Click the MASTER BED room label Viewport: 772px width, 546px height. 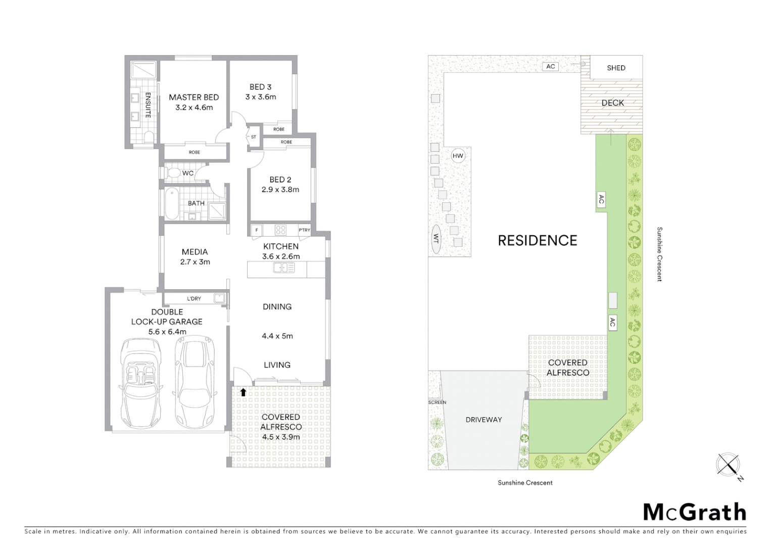pyautogui.click(x=194, y=97)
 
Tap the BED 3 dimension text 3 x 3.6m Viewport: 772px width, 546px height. pyautogui.click(x=261, y=97)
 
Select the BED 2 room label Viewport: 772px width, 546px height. pyautogui.click(x=280, y=179)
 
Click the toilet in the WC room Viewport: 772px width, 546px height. pyautogui.click(x=174, y=173)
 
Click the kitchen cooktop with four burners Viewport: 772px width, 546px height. pyautogui.click(x=280, y=230)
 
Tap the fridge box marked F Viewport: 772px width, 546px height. pyautogui.click(x=257, y=230)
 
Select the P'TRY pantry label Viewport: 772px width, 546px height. pyautogui.click(x=304, y=230)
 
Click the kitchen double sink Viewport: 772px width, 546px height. pyautogui.click(x=284, y=268)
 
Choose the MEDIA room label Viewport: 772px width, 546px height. pyautogui.click(x=195, y=252)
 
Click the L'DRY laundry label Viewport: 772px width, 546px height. pyautogui.click(x=194, y=299)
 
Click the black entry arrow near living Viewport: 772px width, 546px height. pyautogui.click(x=243, y=392)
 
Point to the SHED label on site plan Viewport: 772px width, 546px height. pyautogui.click(x=616, y=68)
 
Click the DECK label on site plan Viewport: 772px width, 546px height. pyautogui.click(x=612, y=103)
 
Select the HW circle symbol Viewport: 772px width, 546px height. pyautogui.click(x=458, y=156)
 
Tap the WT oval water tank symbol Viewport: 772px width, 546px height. pyautogui.click(x=435, y=238)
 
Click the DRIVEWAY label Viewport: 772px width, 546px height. pyautogui.click(x=484, y=420)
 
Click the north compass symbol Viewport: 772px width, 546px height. pyautogui.click(x=728, y=464)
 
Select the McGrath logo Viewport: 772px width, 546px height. pyautogui.click(x=694, y=512)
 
